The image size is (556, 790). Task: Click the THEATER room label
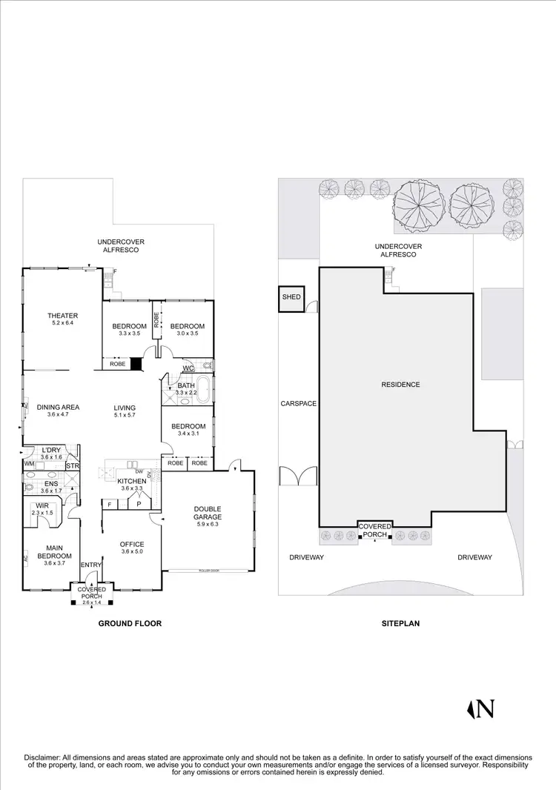62,316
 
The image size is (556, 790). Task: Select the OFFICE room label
132,545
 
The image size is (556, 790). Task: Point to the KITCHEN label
132,481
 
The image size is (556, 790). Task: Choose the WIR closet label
42,505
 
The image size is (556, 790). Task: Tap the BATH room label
185,385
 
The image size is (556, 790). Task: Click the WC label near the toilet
188,368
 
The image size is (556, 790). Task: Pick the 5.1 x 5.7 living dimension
124,416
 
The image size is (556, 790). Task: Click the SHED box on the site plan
291,298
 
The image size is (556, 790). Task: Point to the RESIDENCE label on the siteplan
400,385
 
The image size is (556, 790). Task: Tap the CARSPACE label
298,404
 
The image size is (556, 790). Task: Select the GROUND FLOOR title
130,624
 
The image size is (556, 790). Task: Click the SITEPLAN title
400,624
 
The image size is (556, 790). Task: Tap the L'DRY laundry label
50,450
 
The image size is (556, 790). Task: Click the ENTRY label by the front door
91,565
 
